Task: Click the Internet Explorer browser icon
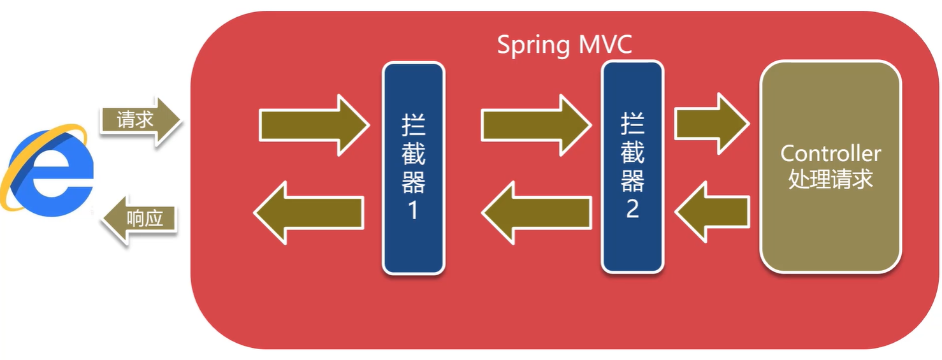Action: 47,170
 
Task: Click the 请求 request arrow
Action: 141,121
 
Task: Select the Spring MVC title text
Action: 564,45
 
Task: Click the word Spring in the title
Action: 533,46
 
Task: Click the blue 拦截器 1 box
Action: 414,168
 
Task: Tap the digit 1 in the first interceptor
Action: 414,210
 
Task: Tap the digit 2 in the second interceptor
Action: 632,208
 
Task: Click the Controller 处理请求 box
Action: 830,166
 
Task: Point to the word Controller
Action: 830,154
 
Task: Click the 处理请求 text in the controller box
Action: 830,179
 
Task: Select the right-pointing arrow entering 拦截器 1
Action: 314,125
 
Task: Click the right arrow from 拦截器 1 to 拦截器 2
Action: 536,125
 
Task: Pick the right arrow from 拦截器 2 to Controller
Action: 712,124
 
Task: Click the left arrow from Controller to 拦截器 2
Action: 712,212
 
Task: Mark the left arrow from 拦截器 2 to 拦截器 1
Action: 536,213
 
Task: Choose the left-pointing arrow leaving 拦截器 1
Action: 308,213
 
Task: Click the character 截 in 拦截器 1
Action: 414,154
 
